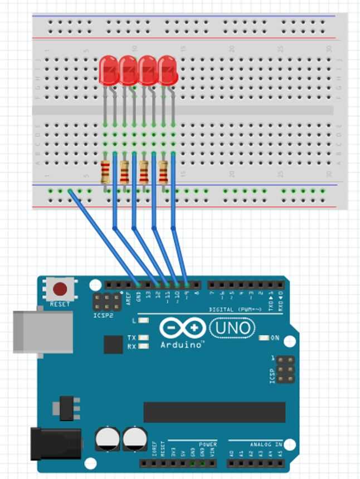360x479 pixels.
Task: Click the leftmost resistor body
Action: point(105,172)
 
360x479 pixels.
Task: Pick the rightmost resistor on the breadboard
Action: point(163,172)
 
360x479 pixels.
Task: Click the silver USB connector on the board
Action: point(43,331)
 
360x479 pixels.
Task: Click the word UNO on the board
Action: point(232,328)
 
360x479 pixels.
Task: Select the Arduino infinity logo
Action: point(182,328)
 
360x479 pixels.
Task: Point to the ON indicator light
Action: point(265,338)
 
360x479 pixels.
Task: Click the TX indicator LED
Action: point(144,338)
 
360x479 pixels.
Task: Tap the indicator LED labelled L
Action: point(144,320)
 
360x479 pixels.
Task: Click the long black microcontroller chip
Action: point(214,412)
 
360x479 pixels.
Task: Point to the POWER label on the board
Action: point(207,444)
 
